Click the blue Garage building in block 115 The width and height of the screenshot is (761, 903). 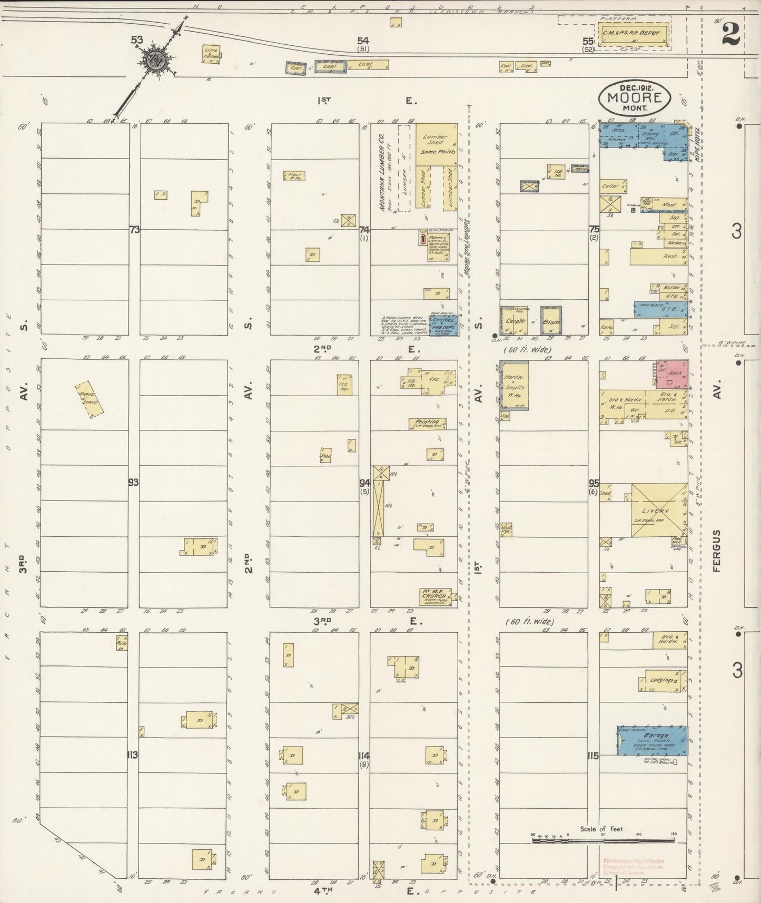pyautogui.click(x=653, y=740)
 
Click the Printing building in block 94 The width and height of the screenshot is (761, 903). pyautogui.click(x=427, y=423)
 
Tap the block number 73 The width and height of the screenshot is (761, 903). pyautogui.click(x=134, y=229)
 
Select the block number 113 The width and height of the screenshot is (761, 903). pyautogui.click(x=132, y=755)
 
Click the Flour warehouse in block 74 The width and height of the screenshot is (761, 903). pyautogui.click(x=295, y=176)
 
